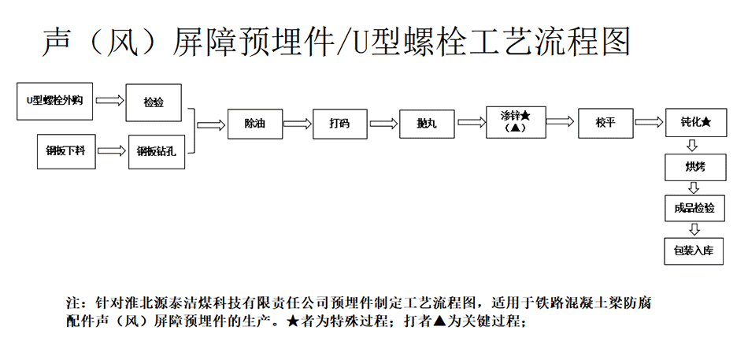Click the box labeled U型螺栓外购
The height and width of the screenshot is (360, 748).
[x=55, y=101]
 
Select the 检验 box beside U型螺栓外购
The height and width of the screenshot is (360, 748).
[x=154, y=102]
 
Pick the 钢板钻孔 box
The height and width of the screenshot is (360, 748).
[x=157, y=152]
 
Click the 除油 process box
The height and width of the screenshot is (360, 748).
[x=255, y=124]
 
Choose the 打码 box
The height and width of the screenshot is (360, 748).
[x=340, y=124]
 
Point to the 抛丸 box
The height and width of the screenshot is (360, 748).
[x=427, y=124]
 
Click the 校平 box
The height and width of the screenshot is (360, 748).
[x=605, y=123]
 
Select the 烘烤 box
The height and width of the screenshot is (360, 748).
[x=695, y=167]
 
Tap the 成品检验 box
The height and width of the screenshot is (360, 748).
[x=694, y=208]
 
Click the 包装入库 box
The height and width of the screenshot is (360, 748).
[x=694, y=251]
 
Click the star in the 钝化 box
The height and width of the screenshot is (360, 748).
[x=706, y=123]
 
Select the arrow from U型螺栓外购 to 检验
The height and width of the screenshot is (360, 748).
[x=109, y=101]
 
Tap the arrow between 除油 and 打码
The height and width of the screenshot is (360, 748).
[x=297, y=124]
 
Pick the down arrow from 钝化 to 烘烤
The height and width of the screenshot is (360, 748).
[x=694, y=145]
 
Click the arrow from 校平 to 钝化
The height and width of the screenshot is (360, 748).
[x=650, y=122]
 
